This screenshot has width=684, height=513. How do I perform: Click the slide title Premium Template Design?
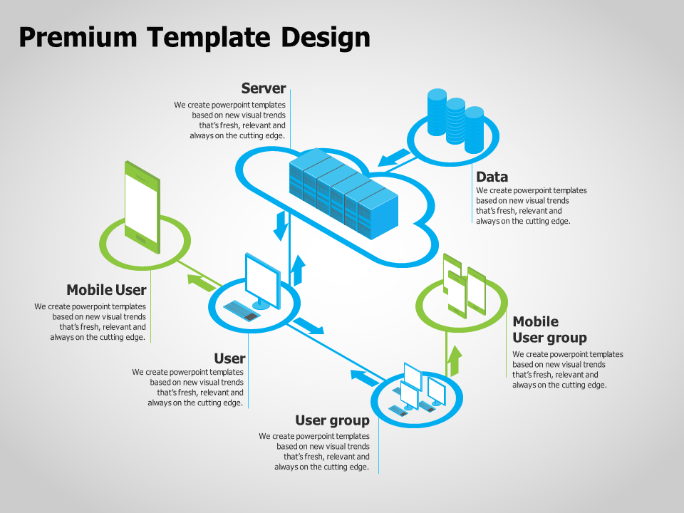pyautogui.click(x=194, y=37)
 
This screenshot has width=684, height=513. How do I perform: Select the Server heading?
pyautogui.click(x=263, y=88)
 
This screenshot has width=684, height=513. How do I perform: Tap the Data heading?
pyautogui.click(x=492, y=177)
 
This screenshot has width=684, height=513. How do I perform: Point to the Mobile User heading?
pyautogui.click(x=106, y=290)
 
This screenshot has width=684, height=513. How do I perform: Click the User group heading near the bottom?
pyautogui.click(x=332, y=420)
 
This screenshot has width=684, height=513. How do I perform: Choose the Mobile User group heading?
pyautogui.click(x=549, y=329)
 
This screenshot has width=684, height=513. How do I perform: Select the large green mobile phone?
pyautogui.click(x=142, y=207)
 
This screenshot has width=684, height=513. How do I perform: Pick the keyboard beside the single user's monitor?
pyautogui.click(x=242, y=310)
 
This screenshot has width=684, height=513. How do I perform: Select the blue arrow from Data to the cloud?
pyautogui.click(x=394, y=157)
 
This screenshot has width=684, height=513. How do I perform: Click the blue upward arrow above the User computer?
pyautogui.click(x=299, y=269)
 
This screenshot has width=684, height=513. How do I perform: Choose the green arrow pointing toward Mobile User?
pyautogui.click(x=200, y=281)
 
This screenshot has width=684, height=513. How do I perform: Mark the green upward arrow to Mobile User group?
pyautogui.click(x=454, y=361)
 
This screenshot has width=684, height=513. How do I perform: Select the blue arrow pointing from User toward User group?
pyautogui.click(x=309, y=326)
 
